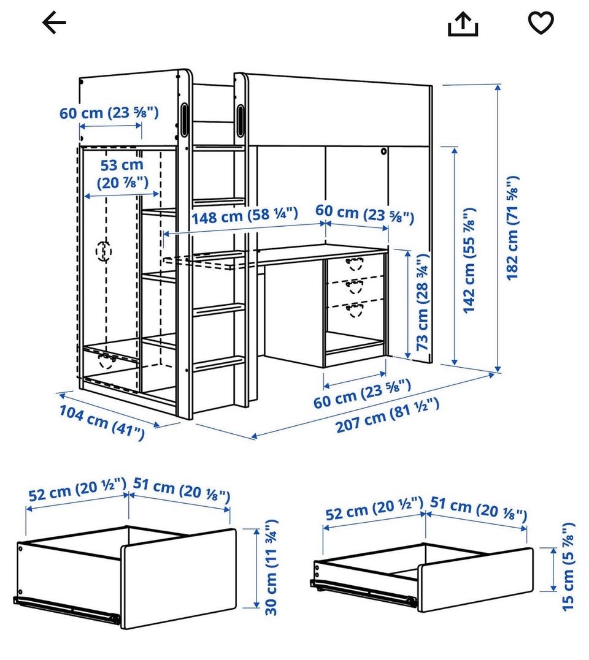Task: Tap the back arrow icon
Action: (55, 22)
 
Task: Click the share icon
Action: (463, 24)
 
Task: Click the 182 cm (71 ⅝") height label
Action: (512, 228)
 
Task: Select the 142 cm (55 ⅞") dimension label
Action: (469, 260)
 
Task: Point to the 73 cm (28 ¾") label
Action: (423, 302)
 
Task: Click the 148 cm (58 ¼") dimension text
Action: (245, 216)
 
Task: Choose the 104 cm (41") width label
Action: (102, 422)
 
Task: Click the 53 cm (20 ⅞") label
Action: (122, 174)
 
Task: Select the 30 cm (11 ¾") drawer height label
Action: (271, 567)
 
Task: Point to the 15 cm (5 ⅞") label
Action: (569, 567)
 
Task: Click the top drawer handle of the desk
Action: (355, 264)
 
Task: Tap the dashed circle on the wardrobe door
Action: (104, 251)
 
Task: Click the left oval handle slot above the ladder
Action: (185, 119)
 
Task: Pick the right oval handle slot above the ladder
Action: (240, 120)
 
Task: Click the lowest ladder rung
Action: (218, 363)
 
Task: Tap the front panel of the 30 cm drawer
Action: (179, 579)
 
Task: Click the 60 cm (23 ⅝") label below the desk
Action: (362, 394)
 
